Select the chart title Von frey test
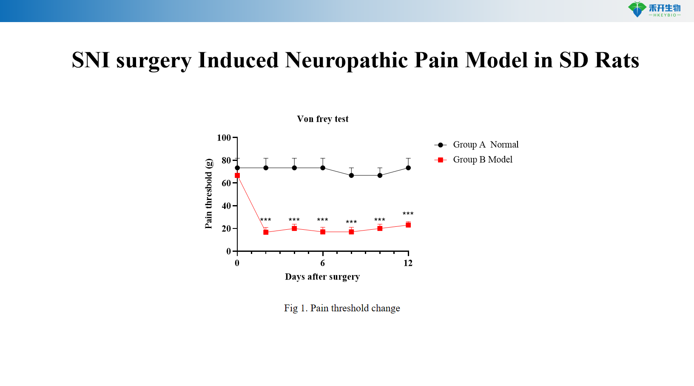click(322, 119)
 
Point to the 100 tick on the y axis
click(224, 138)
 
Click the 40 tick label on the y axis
click(226, 206)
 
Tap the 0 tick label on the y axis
click(228, 251)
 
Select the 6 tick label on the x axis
click(323, 263)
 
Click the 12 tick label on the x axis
click(408, 263)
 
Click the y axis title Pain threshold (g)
click(208, 194)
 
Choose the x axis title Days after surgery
click(322, 277)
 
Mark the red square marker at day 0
click(237, 175)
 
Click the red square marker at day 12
click(408, 225)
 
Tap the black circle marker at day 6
click(323, 168)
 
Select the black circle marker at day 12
click(408, 168)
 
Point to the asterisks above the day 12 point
click(408, 214)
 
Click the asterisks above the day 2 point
click(265, 220)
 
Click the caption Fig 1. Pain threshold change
click(342, 308)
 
